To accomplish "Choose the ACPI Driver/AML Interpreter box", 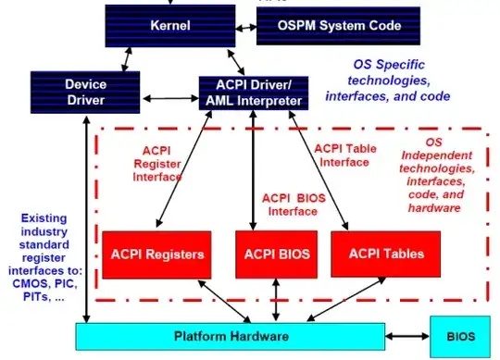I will pyautogui.click(x=253, y=93).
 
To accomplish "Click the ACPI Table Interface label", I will pyautogui.click(x=345, y=155).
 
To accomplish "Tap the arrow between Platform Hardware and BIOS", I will pyautogui.click(x=406, y=336).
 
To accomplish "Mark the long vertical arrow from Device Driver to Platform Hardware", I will pyautogui.click(x=85, y=213).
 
